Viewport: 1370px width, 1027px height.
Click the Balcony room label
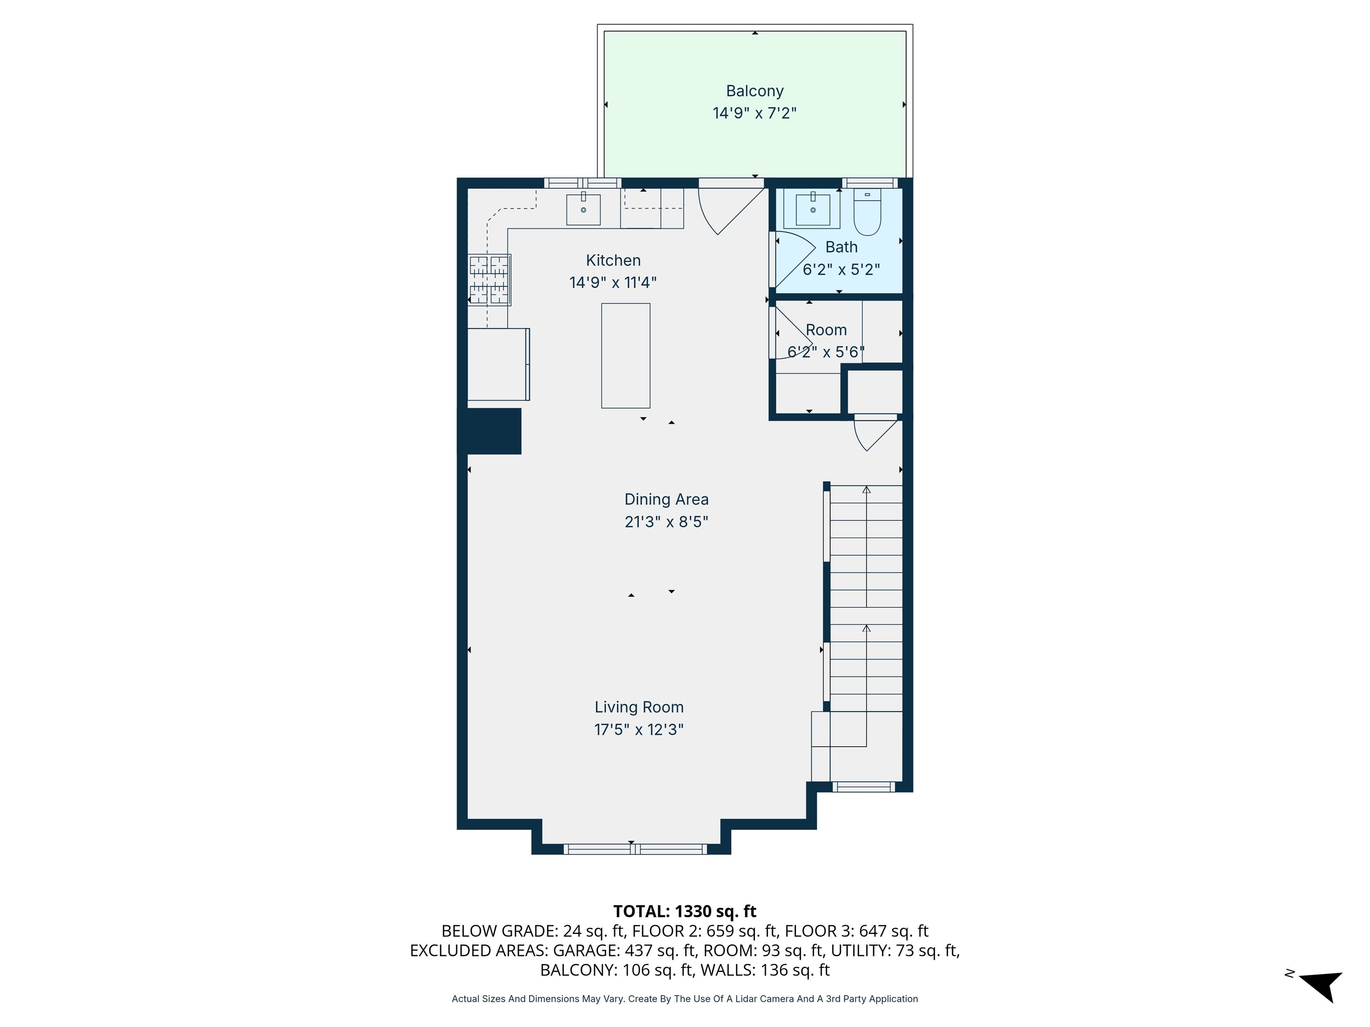point(755,91)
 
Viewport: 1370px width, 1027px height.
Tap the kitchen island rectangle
point(626,355)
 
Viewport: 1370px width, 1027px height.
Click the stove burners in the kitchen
point(489,280)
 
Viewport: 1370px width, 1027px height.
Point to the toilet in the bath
point(867,212)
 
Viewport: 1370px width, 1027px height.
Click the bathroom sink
point(812,209)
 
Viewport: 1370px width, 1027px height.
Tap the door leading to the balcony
point(731,209)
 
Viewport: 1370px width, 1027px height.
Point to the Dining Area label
point(666,500)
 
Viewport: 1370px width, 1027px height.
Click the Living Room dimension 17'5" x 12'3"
point(639,730)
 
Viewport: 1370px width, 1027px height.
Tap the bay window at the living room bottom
point(635,849)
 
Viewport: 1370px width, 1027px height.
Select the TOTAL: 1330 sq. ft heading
point(685,911)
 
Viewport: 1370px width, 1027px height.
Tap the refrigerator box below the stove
point(498,364)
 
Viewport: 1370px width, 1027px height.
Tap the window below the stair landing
point(863,787)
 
